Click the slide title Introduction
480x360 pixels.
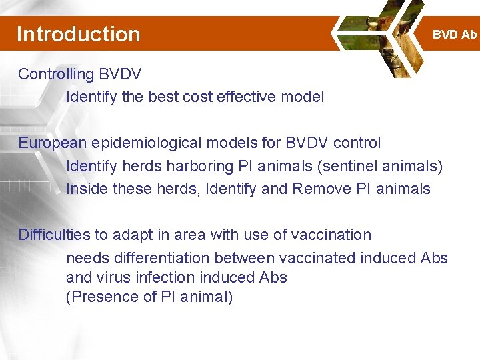[x=78, y=34]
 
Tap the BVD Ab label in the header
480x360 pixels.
[x=455, y=35]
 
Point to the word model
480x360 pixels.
[x=302, y=97]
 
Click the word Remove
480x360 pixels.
[x=319, y=189]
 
